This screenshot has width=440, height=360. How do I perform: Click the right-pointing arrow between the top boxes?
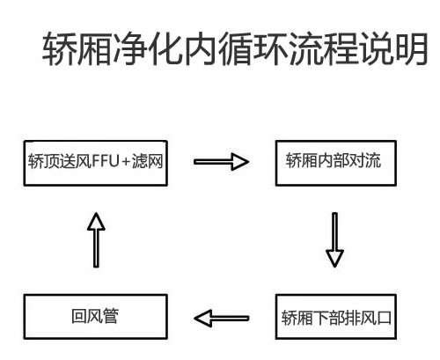pyautogui.click(x=222, y=162)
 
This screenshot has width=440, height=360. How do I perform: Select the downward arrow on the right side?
pyautogui.click(x=334, y=238)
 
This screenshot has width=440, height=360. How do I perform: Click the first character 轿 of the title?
pyautogui.click(x=59, y=50)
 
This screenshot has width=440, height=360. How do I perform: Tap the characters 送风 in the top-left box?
pyautogui.click(x=76, y=162)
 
